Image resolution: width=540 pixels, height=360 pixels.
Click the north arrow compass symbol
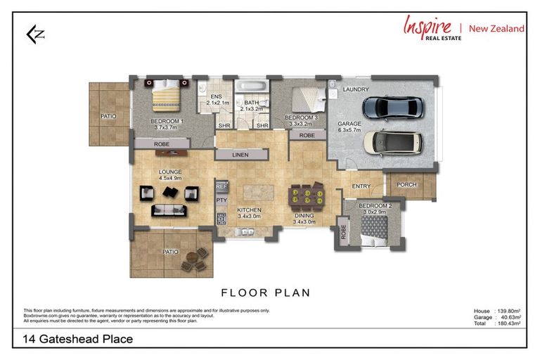34,34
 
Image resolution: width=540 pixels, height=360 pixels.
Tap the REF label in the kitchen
222,187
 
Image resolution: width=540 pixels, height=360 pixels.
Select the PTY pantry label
222,201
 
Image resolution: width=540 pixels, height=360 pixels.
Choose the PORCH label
407,186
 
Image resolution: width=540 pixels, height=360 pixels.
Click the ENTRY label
361,186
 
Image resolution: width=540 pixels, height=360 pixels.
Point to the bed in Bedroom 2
374,229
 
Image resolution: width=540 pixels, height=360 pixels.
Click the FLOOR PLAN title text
266,292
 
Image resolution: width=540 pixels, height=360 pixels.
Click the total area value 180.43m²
508,323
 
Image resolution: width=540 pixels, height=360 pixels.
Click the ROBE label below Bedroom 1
161,143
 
